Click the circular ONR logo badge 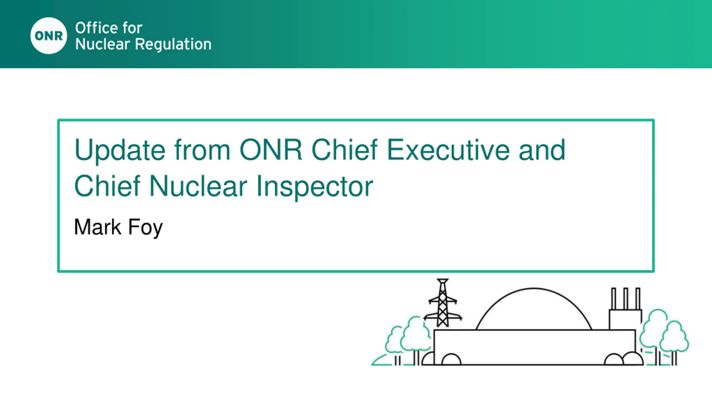tap(49, 36)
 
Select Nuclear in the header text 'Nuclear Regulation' tap(103, 44)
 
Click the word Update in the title tap(120, 151)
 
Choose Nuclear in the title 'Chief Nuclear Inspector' tap(198, 186)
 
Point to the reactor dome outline tap(534, 288)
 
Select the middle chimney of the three tap(626, 298)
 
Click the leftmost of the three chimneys tap(614, 298)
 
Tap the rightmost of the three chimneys tap(638, 298)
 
